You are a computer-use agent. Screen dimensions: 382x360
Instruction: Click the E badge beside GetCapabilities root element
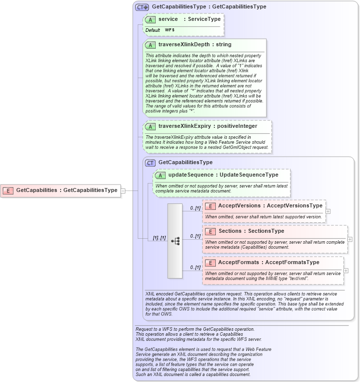tap(8, 190)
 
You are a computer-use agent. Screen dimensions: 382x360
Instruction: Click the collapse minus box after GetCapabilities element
tap(123, 190)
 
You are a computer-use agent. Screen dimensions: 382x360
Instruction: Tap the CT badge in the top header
tap(142, 7)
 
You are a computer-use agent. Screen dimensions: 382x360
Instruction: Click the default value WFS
tap(170, 30)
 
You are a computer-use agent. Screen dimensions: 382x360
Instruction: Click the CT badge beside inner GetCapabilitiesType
tap(150, 163)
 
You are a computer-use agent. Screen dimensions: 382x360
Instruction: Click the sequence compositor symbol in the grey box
tap(176, 241)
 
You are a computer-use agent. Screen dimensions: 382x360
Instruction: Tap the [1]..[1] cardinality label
tap(159, 238)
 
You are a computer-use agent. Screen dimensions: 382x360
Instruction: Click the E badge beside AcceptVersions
tap(210, 206)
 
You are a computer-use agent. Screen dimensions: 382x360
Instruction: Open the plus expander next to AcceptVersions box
tap(328, 211)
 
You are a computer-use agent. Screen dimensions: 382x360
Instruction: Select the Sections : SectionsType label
tap(251, 231)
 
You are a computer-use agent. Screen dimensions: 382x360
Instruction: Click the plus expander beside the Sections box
tap(350, 239)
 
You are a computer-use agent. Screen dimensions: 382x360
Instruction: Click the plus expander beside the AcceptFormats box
tap(346, 271)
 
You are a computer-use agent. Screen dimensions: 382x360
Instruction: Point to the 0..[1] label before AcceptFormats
tap(195, 268)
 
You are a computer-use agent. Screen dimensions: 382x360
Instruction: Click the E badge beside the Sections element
tap(210, 231)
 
